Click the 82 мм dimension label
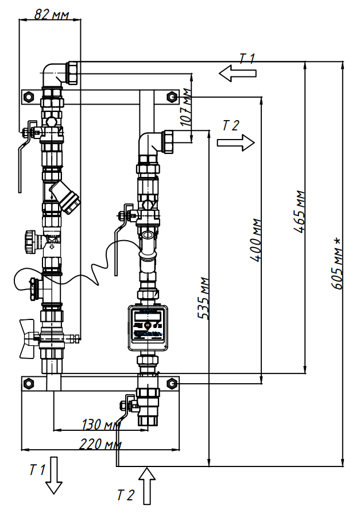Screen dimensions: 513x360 point(50,13)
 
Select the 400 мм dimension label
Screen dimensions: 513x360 point(256,240)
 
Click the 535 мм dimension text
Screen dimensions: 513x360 point(203,298)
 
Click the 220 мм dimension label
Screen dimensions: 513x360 point(100,444)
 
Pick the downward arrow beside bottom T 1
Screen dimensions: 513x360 point(54,475)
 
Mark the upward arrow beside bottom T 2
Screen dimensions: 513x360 point(147,485)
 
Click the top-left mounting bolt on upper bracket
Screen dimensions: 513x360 point(27,97)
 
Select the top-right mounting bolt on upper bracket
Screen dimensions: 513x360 point(171,97)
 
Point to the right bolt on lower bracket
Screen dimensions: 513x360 point(171,383)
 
